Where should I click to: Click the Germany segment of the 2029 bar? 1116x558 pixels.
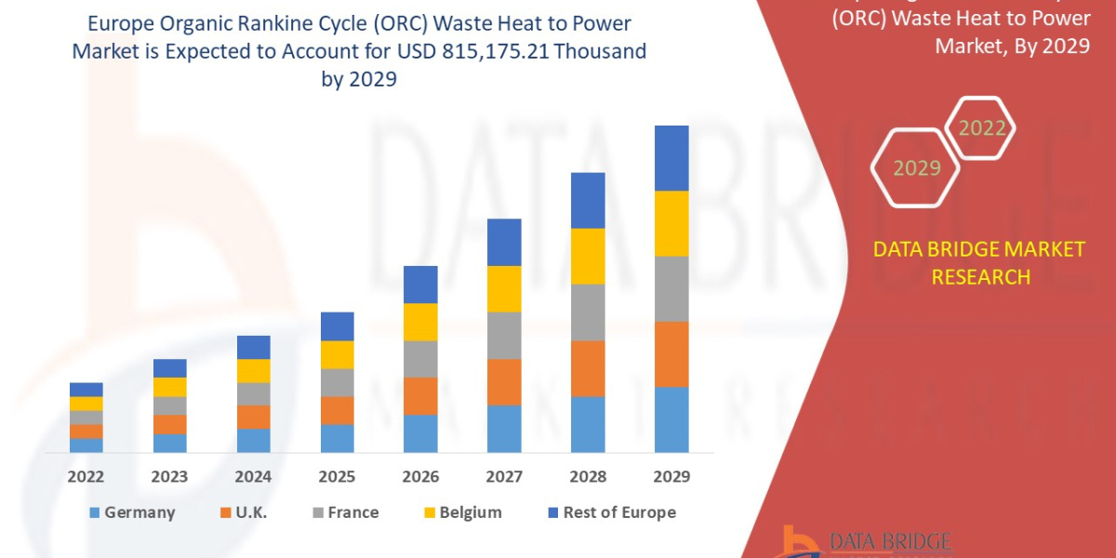point(671,419)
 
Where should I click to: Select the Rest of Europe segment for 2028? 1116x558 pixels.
point(588,200)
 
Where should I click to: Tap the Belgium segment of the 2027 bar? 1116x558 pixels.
point(504,288)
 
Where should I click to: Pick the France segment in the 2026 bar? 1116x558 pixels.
point(420,359)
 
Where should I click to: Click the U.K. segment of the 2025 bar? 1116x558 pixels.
point(337,410)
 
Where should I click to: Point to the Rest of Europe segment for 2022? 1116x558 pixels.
point(86,389)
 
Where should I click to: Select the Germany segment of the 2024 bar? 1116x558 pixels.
point(253,440)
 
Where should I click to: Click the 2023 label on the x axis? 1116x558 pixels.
point(169,476)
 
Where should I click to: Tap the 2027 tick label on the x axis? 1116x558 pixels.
point(504,476)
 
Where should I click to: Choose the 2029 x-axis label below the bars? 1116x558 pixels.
point(671,476)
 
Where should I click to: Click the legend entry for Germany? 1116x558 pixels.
point(130,512)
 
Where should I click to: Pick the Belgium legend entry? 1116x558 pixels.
point(461,512)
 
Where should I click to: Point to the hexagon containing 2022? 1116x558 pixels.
point(981,128)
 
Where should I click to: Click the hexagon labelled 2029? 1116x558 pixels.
point(916,167)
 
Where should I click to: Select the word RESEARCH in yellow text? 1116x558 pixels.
point(980,276)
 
